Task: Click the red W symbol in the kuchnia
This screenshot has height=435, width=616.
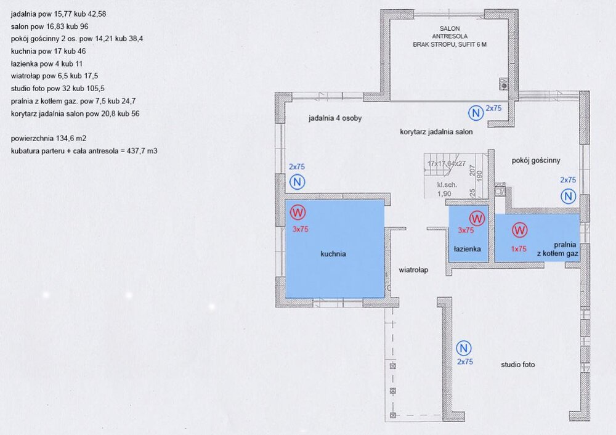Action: (298, 213)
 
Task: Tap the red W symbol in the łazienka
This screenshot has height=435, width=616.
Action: (477, 218)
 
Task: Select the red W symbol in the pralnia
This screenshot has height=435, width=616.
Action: (519, 230)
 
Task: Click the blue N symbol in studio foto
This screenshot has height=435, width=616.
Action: (464, 348)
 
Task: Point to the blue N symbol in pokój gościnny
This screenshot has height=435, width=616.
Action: (568, 196)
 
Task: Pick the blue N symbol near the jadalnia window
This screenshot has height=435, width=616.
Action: (297, 182)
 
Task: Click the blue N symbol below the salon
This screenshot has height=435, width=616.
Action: (476, 113)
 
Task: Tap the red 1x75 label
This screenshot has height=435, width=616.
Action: (519, 249)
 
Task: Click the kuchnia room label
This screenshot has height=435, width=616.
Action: (333, 254)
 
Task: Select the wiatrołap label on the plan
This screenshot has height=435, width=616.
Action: (413, 270)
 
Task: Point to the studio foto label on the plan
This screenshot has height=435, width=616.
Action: (518, 365)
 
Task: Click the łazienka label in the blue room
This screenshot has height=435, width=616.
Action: (467, 249)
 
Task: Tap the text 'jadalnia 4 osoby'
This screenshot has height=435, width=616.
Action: (335, 118)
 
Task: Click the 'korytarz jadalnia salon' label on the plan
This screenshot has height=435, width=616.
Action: (436, 132)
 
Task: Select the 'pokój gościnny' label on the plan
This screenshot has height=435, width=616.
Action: (536, 160)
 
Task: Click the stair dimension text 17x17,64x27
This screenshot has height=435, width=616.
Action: (447, 163)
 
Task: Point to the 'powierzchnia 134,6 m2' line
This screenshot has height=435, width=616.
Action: (49, 138)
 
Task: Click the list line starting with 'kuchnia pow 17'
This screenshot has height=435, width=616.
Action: (48, 51)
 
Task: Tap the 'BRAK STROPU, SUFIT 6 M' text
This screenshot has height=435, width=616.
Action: (450, 44)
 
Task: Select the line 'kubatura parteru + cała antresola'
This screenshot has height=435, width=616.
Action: (84, 151)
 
